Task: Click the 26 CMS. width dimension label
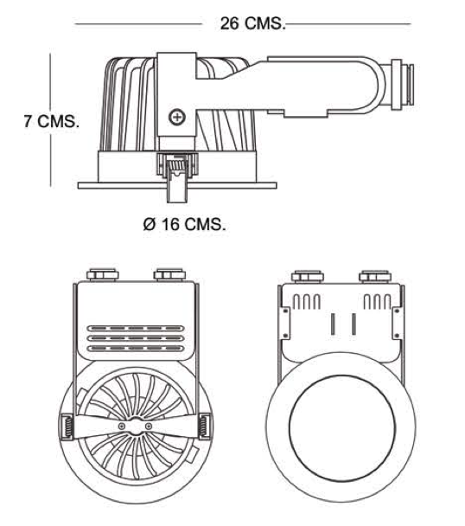coord(252,23)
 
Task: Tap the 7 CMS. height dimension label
coord(52,121)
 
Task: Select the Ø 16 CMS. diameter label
coord(184,224)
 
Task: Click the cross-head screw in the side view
coord(176,117)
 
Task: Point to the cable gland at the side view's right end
coord(402,85)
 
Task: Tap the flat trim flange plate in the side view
coord(177,185)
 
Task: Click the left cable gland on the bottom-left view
coord(103,275)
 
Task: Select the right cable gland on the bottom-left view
coord(170,275)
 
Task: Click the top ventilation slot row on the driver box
coord(136,328)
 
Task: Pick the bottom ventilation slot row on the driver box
coord(136,348)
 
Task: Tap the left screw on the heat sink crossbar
coord(121,426)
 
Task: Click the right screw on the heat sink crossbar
coord(149,426)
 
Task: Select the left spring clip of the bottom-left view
coord(67,427)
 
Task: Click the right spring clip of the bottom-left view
coord(204,427)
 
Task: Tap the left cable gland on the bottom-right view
coord(308,277)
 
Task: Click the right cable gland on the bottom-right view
coord(375,277)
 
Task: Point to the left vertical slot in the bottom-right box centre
coord(333,324)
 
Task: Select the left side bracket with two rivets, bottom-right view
coord(285,323)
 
